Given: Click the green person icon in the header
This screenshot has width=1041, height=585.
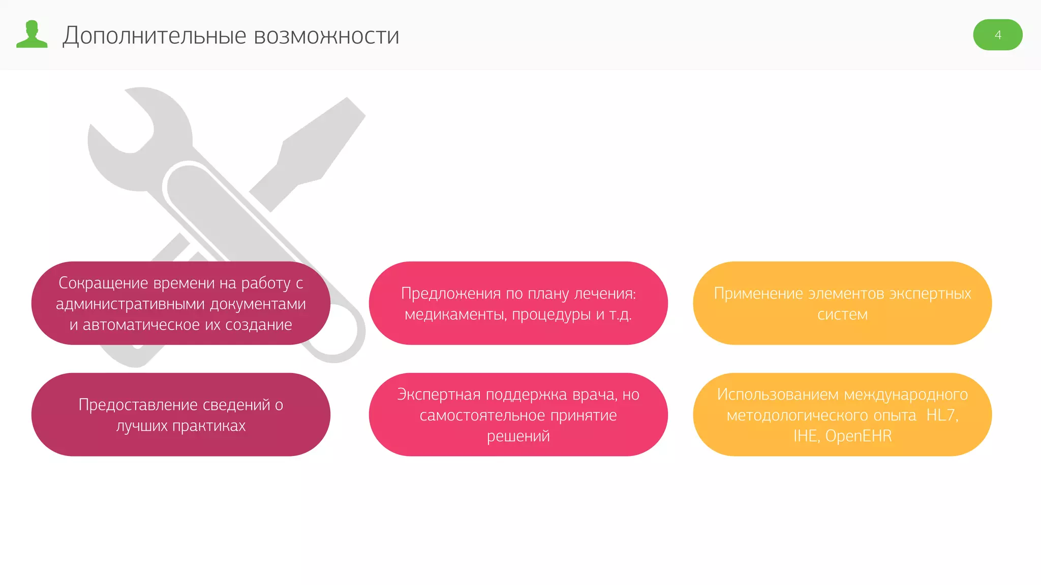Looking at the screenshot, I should tap(32, 35).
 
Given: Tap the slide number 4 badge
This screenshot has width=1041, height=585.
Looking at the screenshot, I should tap(997, 35).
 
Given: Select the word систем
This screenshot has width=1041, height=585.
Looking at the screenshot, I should tap(842, 315).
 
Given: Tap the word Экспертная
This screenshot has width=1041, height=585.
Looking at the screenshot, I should tap(439, 395).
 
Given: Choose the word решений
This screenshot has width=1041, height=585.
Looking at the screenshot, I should tap(518, 436).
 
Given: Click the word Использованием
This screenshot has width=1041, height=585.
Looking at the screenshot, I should tap(778, 395).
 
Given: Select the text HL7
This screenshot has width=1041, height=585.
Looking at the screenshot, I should tap(941, 415).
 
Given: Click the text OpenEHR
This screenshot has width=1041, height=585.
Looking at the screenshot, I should tap(858, 436).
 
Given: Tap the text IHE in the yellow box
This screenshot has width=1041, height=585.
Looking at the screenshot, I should tap(805, 436).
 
